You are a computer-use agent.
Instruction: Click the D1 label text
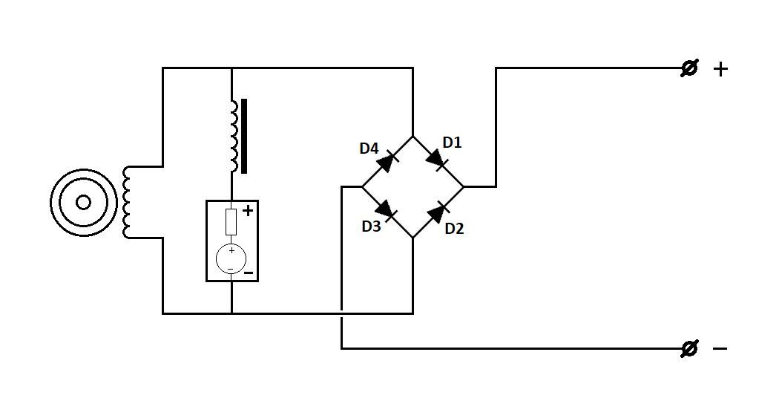(x=452, y=143)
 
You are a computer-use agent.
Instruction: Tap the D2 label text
(x=454, y=229)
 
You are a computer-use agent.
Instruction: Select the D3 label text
(x=371, y=226)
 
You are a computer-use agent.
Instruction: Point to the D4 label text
(x=369, y=149)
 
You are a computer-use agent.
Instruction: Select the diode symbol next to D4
(x=387, y=161)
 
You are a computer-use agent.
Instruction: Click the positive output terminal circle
(x=689, y=68)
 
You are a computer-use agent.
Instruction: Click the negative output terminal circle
(x=689, y=349)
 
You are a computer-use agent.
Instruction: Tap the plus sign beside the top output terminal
(x=720, y=69)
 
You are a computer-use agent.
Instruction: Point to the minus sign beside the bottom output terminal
(x=720, y=349)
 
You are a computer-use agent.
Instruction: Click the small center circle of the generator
(x=83, y=203)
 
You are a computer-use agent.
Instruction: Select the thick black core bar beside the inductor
(x=244, y=137)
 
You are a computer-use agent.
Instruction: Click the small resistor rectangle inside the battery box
(x=231, y=222)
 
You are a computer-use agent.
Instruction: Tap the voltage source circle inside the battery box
(x=231, y=259)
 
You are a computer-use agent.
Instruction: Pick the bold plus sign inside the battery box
(x=248, y=210)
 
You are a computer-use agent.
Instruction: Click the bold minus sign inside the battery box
(x=249, y=273)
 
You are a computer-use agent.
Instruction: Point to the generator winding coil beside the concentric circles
(x=126, y=203)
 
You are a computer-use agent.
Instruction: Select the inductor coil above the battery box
(x=234, y=136)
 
